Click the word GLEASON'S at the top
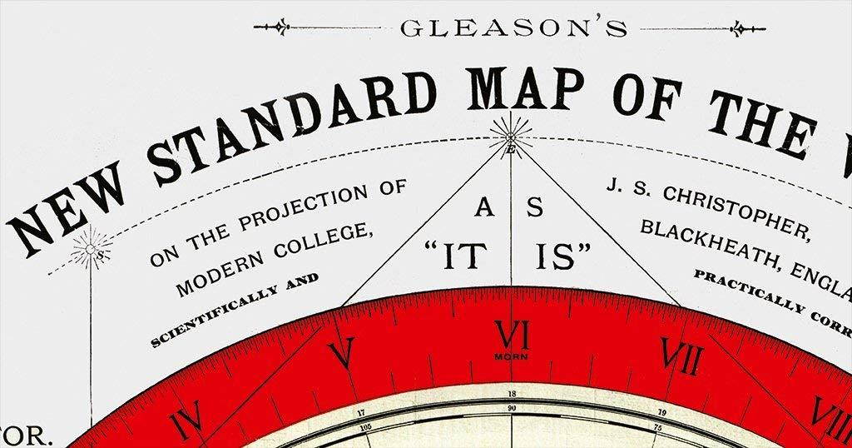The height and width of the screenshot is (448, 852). (513, 28)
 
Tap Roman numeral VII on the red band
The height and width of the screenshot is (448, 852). (680, 356)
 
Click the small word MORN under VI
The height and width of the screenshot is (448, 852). (511, 358)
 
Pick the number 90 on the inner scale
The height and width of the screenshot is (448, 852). (511, 407)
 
